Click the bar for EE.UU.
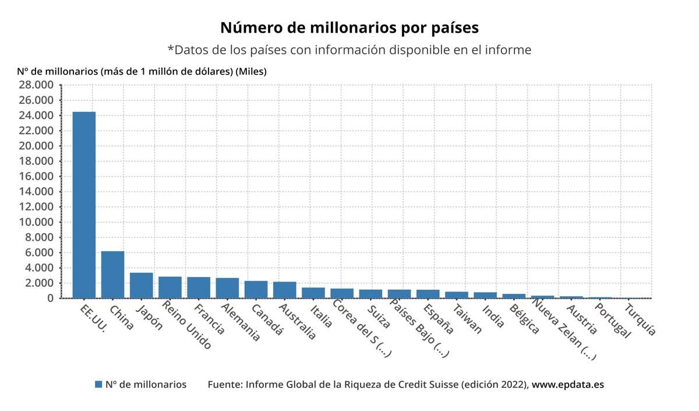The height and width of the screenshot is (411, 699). point(84,205)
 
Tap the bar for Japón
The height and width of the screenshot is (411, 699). point(141,285)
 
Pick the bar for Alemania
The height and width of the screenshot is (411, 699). point(227,288)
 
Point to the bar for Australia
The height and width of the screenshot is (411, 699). point(284,290)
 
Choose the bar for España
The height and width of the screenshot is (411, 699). point(428,294)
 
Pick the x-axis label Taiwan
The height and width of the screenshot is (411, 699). point(467,319)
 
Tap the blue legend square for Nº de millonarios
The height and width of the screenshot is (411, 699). point(98,385)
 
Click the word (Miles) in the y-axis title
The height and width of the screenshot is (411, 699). point(251,72)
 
